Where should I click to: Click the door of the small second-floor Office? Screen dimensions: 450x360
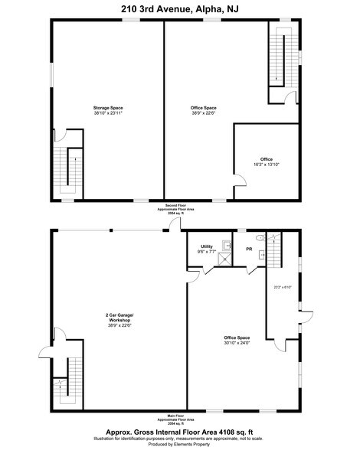click(239, 181)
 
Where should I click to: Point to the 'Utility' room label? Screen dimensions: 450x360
click(206, 246)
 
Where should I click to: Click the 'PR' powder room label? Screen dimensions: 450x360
click(250, 249)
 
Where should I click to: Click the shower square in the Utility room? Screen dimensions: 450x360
click(225, 259)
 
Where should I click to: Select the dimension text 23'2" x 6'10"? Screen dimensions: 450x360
click(283, 287)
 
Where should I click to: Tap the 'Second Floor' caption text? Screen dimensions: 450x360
click(181, 207)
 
